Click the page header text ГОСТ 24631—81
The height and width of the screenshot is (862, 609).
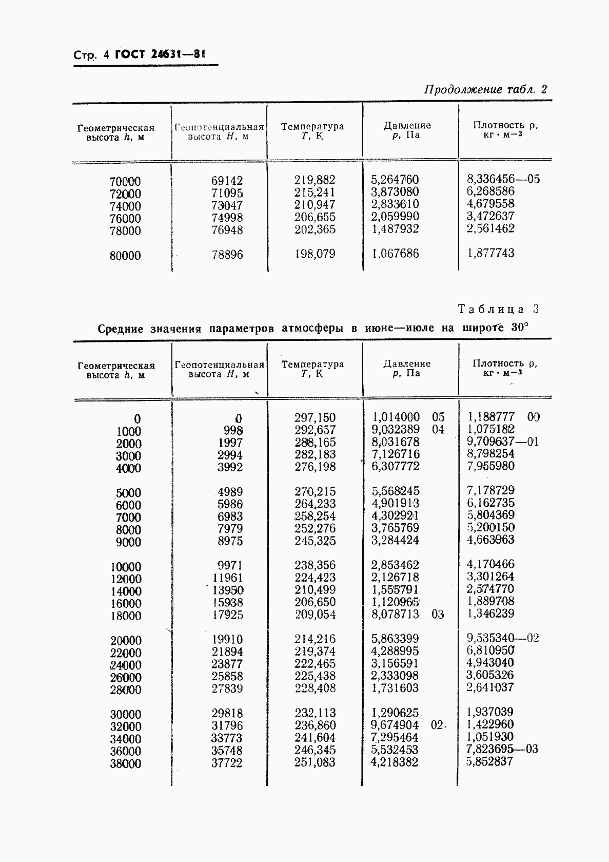[160, 54]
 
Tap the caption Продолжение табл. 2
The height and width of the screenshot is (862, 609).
[485, 89]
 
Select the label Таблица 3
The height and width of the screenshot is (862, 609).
[498, 309]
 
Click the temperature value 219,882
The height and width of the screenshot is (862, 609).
[315, 180]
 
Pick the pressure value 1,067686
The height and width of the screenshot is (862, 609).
[395, 254]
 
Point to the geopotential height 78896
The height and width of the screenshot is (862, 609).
[227, 255]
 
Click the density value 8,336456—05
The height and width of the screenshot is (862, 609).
[503, 179]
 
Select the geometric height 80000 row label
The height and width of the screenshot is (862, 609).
[125, 256]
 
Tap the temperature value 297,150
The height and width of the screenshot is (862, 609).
[315, 417]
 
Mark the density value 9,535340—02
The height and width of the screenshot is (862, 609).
[503, 639]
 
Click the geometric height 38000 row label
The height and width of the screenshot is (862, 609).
[126, 764]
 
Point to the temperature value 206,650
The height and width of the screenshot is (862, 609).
[315, 602]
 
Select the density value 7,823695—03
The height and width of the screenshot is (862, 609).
[502, 749]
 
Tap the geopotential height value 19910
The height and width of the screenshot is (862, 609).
[227, 640]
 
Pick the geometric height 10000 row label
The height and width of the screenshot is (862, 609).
[126, 567]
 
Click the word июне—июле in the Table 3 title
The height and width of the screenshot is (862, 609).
[399, 328]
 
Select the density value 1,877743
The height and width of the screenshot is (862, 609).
[490, 253]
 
